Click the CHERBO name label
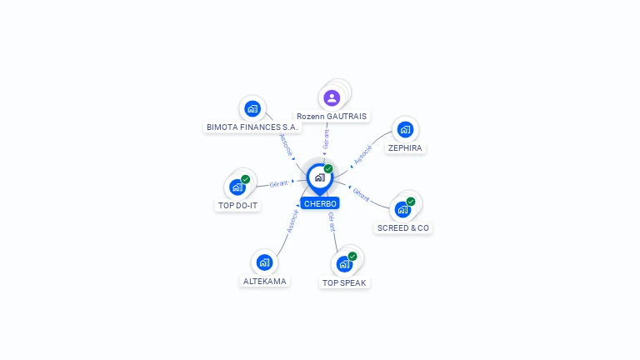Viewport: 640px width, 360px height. click(320, 203)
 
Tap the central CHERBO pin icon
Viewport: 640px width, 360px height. click(319, 177)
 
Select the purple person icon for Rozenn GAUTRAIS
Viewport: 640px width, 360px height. click(332, 97)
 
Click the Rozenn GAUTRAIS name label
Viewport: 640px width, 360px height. click(332, 116)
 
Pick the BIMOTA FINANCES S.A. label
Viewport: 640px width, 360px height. click(252, 127)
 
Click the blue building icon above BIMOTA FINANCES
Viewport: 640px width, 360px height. click(252, 108)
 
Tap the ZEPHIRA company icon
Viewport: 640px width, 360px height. click(405, 129)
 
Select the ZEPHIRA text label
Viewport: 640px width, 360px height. click(405, 147)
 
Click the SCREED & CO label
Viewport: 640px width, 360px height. click(403, 227)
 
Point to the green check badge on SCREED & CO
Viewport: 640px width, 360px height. click(411, 202)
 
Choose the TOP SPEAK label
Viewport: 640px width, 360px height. click(344, 282)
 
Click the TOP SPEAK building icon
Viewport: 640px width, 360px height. click(344, 264)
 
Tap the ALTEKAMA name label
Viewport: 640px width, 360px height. click(264, 281)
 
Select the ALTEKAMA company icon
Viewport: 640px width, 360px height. click(264, 262)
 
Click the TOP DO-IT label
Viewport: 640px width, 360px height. click(237, 205)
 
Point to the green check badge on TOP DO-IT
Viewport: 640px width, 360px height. click(245, 179)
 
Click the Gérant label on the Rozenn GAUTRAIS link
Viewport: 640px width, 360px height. click(326, 138)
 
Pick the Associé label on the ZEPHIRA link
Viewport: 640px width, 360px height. click(362, 155)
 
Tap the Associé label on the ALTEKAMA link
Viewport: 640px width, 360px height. click(292, 220)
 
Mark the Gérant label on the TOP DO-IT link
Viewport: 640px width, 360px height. click(278, 183)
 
